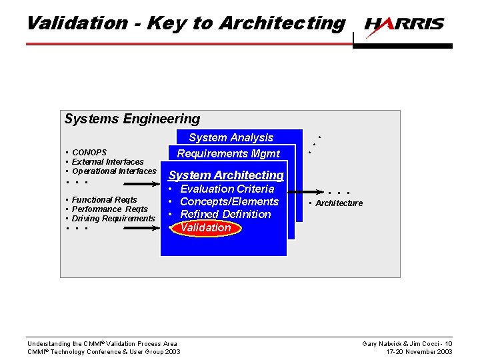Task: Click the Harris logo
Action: pos(404,25)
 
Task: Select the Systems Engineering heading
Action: pos(132,119)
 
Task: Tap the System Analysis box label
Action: pos(231,138)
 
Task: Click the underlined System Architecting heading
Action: pos(226,175)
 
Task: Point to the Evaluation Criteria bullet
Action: pos(227,189)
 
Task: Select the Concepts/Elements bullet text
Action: pos(229,202)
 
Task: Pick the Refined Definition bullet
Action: pos(225,215)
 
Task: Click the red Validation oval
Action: pos(205,228)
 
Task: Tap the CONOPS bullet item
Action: pos(89,153)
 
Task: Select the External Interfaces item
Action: pos(107,162)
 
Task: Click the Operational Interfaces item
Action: pos(113,171)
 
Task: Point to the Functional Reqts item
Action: pos(104,200)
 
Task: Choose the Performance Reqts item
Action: pos(109,209)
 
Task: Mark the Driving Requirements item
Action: pos(113,219)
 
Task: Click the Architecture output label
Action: pos(339,203)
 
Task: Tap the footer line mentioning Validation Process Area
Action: pos(102,344)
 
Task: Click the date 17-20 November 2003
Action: pos(419,352)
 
